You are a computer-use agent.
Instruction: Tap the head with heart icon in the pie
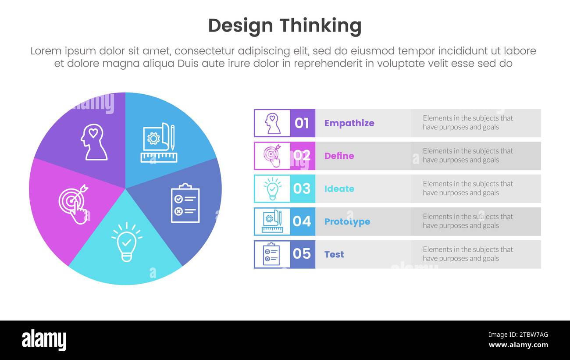point(94,142)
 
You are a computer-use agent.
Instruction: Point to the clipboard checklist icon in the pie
point(185,203)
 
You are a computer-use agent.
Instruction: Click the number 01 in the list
point(302,123)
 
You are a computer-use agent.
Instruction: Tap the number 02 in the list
point(302,156)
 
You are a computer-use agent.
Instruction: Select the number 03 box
point(302,189)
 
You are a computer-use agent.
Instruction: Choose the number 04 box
point(302,221)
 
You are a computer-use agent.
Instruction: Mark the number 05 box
point(302,254)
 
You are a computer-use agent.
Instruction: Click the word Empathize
point(349,123)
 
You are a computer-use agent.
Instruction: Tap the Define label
point(339,156)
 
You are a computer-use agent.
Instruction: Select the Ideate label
point(339,189)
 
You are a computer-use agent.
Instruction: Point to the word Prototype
point(347,221)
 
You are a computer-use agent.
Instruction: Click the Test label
point(334,254)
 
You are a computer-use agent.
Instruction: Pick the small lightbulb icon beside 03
point(272,189)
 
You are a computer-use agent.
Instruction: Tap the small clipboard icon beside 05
point(271,254)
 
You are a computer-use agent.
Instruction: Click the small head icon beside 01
point(272,123)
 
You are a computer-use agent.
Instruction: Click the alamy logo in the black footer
point(44,340)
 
